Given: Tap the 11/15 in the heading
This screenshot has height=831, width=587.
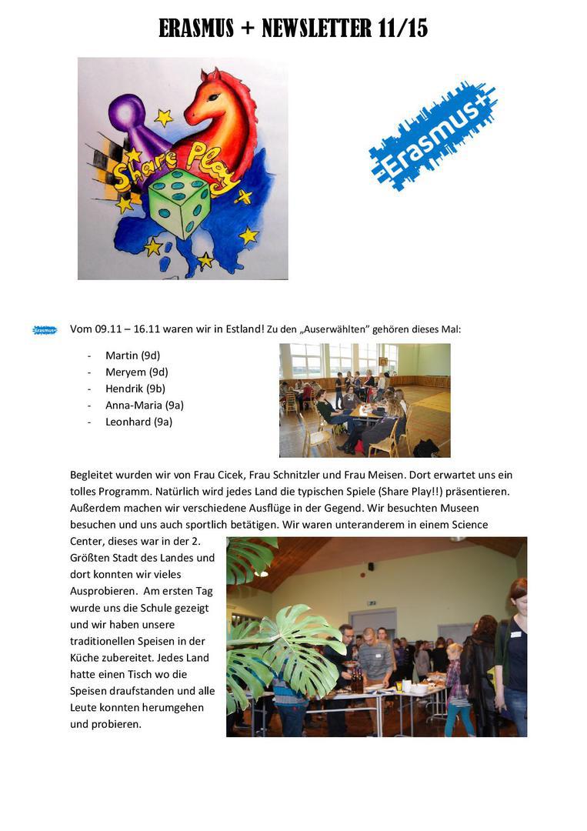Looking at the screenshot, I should coord(403,28).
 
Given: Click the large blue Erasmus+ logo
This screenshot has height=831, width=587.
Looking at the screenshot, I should coord(433,135).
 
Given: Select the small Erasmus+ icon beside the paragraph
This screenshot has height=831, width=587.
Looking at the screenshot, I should coord(45,330).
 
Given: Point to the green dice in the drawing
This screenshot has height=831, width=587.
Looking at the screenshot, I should coord(179,204).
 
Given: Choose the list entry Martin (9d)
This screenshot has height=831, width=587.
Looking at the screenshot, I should coord(132,355).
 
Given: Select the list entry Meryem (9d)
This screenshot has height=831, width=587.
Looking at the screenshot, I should coord(136,372).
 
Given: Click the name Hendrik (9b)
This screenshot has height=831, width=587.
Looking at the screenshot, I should coord(135,389).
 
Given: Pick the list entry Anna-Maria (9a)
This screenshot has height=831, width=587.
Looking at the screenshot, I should coord(144,405).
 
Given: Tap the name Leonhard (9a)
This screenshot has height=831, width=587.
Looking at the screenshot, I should coord(138,422).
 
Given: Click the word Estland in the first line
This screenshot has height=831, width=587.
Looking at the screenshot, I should coord(243,329).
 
